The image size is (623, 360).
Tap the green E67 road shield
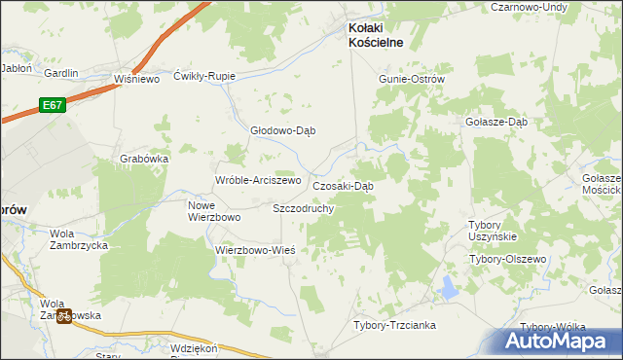click(53, 104)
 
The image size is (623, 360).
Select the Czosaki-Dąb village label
click(343, 186)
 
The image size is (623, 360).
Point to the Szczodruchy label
click(304, 208)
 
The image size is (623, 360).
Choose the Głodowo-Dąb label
click(283, 130)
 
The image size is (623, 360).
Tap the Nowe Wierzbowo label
click(214, 211)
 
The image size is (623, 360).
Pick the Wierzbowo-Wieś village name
click(254, 249)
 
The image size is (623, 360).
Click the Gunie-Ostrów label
click(412, 79)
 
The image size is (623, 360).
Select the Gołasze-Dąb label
click(496, 123)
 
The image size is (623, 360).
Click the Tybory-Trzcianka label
click(394, 325)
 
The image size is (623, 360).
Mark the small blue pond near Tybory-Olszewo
click(449, 287)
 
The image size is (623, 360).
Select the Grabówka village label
click(145, 158)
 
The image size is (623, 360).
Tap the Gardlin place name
click(61, 73)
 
